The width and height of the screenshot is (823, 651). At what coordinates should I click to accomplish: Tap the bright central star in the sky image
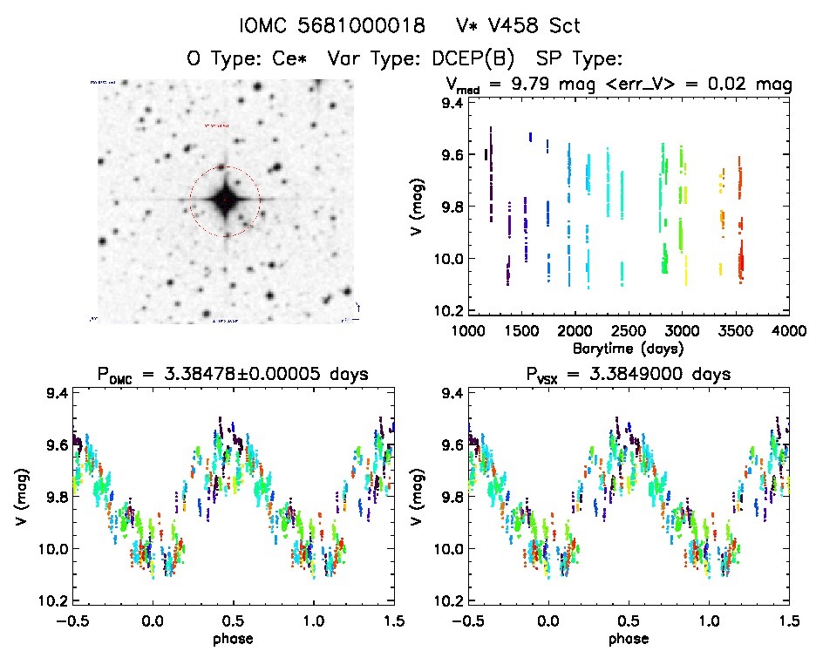(x=225, y=201)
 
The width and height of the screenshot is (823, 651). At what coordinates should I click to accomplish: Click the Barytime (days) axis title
(x=628, y=348)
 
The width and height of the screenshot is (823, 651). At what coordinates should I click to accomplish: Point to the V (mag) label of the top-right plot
(x=421, y=207)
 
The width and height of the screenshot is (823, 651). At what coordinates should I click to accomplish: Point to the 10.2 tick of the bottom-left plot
(x=54, y=601)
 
